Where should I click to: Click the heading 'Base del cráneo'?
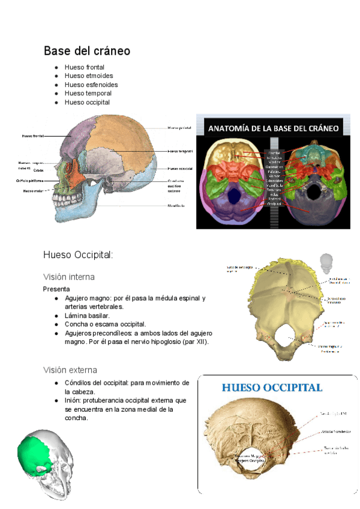tap(87, 51)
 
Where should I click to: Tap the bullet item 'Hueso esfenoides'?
tap(91, 85)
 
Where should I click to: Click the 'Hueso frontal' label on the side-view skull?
tap(34, 136)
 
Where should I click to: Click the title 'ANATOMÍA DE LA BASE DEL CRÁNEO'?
tap(274, 128)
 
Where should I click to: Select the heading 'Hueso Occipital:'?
tap(78, 255)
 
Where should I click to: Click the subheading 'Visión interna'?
tap(68, 277)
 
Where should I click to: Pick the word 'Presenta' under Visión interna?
tap(56, 289)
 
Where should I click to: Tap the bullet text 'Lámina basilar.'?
tap(87, 315)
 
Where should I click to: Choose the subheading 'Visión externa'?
tap(70, 370)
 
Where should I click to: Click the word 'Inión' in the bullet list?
tap(73, 400)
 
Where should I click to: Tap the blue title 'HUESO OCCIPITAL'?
tap(272, 388)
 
